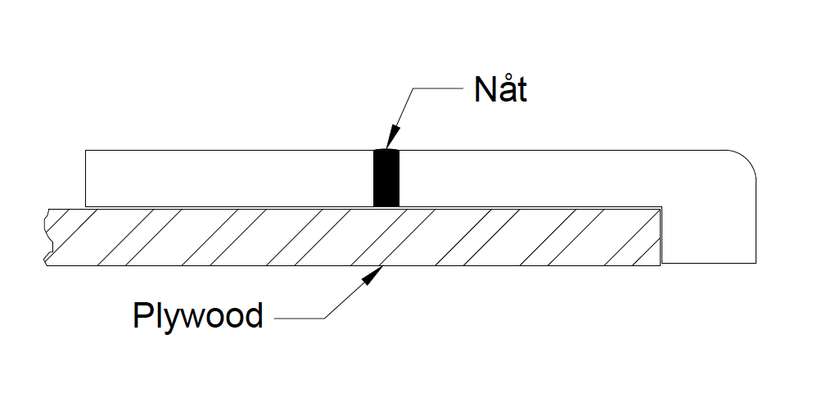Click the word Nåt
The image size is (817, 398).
tap(500, 90)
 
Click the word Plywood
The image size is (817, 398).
tap(197, 315)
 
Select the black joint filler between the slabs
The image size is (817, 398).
tap(386, 178)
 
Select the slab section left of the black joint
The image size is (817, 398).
tap(229, 178)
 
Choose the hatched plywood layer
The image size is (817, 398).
tap(491, 237)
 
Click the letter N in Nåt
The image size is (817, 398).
tap(484, 90)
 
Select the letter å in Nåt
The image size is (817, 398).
tap(505, 90)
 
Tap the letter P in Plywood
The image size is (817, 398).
tap(142, 315)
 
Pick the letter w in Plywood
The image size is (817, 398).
tap(190, 317)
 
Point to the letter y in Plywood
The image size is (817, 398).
tap(169, 319)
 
